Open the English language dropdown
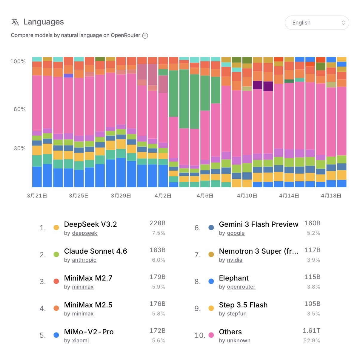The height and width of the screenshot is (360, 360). click(x=317, y=23)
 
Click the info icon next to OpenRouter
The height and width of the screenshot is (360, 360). click(x=145, y=36)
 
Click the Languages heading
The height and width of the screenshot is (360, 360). click(x=43, y=22)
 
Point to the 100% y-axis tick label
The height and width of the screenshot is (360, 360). click(x=18, y=62)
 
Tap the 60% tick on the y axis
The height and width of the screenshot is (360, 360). click(x=19, y=109)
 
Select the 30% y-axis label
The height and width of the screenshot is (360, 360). click(x=19, y=148)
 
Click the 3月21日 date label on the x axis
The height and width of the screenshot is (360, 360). click(x=37, y=196)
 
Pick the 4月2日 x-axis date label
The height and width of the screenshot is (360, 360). click(x=163, y=196)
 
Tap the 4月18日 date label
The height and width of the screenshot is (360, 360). click(x=331, y=196)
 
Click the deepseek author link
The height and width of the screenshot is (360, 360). click(x=84, y=233)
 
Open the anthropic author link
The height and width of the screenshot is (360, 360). click(x=84, y=260)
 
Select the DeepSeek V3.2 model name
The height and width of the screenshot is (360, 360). click(x=90, y=224)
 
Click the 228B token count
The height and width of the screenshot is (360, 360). click(x=157, y=223)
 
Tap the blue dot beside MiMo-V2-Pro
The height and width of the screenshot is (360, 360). click(x=56, y=335)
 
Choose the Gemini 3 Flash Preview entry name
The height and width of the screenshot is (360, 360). click(x=259, y=224)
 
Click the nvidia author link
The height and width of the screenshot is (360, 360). click(x=235, y=260)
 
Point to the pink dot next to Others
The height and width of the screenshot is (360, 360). click(x=211, y=335)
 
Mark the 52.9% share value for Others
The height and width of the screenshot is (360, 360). click(x=312, y=341)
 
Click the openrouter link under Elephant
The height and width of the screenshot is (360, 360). click(x=241, y=287)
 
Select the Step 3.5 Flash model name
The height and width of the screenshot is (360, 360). click(x=243, y=305)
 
